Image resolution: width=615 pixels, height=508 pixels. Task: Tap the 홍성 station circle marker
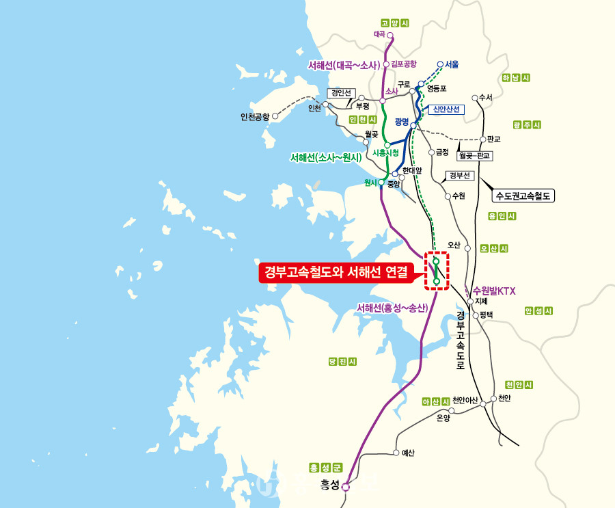coord(346,487)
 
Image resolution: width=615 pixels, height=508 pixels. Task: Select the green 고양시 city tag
coord(394,23)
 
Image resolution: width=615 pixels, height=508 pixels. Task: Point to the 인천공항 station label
coord(255,116)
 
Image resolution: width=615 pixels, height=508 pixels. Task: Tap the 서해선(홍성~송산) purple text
coord(392,308)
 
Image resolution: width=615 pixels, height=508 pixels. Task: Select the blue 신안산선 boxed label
coord(448,109)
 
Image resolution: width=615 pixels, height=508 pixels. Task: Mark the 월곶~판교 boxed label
coord(475,156)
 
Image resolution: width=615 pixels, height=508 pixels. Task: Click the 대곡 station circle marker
coord(390,34)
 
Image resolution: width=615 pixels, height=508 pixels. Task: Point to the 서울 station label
coord(452,65)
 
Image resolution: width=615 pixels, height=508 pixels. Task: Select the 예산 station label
coord(407,453)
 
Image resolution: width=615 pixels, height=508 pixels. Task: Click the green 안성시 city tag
coord(538,311)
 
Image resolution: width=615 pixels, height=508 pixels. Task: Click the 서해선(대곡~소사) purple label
coord(343,66)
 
